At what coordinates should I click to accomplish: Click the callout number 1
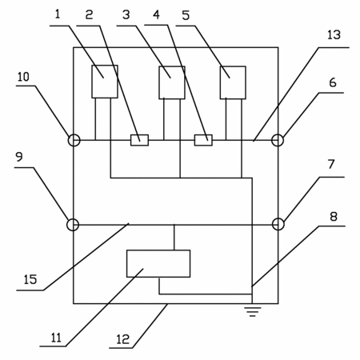click(58, 14)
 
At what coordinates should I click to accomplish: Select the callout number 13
click(334, 35)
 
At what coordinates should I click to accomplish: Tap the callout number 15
click(30, 279)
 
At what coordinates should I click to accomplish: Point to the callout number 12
click(122, 339)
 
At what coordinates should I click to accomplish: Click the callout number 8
click(334, 217)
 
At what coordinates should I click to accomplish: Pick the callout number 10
click(23, 77)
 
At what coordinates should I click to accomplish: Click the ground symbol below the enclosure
click(252, 311)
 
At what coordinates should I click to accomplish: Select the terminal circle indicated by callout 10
click(74, 140)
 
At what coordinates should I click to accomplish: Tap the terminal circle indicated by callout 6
click(278, 140)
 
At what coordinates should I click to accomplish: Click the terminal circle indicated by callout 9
click(73, 225)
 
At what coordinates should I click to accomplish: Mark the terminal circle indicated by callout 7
click(278, 224)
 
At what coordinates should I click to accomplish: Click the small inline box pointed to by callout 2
click(139, 140)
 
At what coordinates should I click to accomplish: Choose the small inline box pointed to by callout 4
click(203, 140)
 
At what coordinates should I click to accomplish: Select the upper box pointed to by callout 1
click(105, 82)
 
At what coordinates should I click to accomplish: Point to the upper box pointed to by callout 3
click(172, 82)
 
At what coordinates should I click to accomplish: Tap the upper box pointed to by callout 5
click(233, 82)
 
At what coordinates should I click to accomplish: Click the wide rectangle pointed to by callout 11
click(158, 263)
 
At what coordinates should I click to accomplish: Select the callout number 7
click(331, 164)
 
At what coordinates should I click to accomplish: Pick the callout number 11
click(56, 338)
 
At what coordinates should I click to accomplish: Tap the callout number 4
click(156, 14)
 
